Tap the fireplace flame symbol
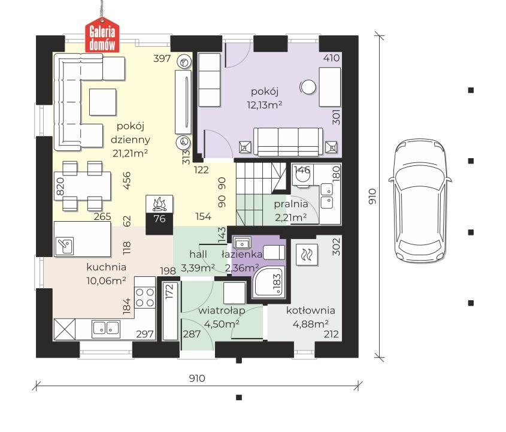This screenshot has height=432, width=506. [x=159, y=204]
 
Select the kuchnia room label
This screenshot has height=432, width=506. [x=106, y=267]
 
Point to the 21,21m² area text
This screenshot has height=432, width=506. [x=130, y=153]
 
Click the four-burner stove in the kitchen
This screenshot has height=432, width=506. [x=145, y=297]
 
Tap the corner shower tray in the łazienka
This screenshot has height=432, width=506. [x=269, y=282]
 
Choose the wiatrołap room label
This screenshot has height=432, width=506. [x=222, y=310]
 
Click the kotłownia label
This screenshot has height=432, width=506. [x=310, y=310]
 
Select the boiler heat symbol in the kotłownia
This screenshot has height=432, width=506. [x=306, y=255]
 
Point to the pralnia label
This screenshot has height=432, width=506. [x=291, y=204]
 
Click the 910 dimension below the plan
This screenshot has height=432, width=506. [x=197, y=377]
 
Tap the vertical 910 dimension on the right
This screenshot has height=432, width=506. [x=372, y=197]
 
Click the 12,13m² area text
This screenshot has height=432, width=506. [x=265, y=105]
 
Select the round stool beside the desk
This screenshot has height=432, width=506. [x=308, y=87]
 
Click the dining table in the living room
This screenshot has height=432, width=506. [x=83, y=186]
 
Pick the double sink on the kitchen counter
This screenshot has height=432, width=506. [x=106, y=329]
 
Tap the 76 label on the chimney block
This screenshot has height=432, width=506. [x=159, y=219]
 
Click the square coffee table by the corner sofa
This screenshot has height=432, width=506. [x=102, y=102]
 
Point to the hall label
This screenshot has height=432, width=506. [x=198, y=254]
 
